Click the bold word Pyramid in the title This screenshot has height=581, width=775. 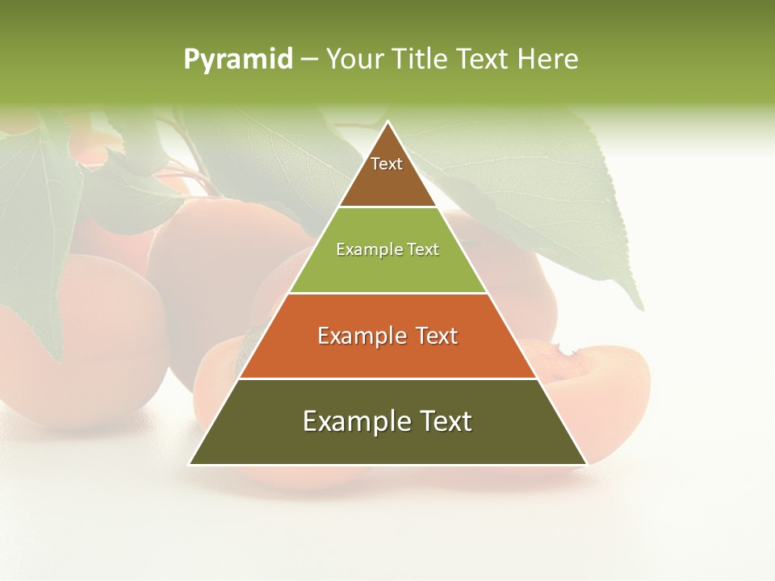238,60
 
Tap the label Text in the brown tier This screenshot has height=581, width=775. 387,164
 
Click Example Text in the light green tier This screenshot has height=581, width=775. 387,249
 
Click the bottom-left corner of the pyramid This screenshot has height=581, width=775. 190,465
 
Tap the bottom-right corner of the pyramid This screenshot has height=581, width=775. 587,465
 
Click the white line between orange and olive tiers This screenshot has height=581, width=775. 387,378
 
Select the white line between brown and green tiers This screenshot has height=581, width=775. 387,207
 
